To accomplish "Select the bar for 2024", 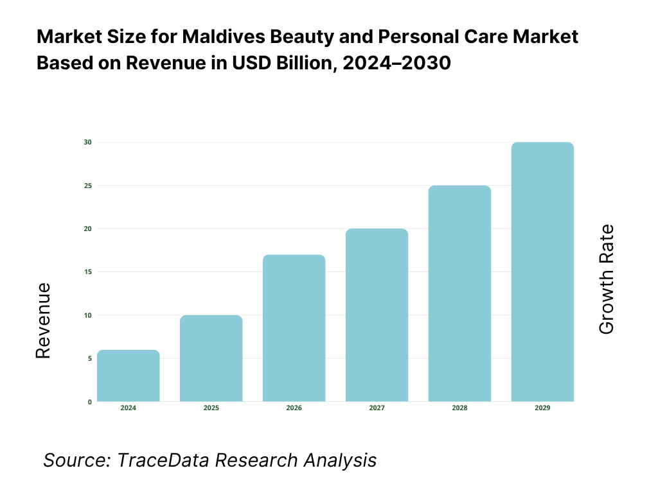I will [x=129, y=376].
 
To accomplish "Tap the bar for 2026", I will [x=294, y=328].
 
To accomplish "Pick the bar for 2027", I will [x=377, y=315].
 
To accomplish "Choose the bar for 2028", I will [x=460, y=293].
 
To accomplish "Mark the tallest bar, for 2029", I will [x=542, y=272].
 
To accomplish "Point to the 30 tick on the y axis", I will [x=89, y=142].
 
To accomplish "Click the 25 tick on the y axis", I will [x=89, y=186].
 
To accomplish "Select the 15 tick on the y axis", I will [x=89, y=272].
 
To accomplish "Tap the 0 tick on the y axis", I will [x=90, y=402].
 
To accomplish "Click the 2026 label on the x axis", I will [x=294, y=408].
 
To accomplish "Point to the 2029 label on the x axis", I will [x=542, y=408].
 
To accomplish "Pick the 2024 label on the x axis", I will [x=129, y=408].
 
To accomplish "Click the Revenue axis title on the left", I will [x=43, y=320].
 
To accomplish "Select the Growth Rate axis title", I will [x=606, y=279].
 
